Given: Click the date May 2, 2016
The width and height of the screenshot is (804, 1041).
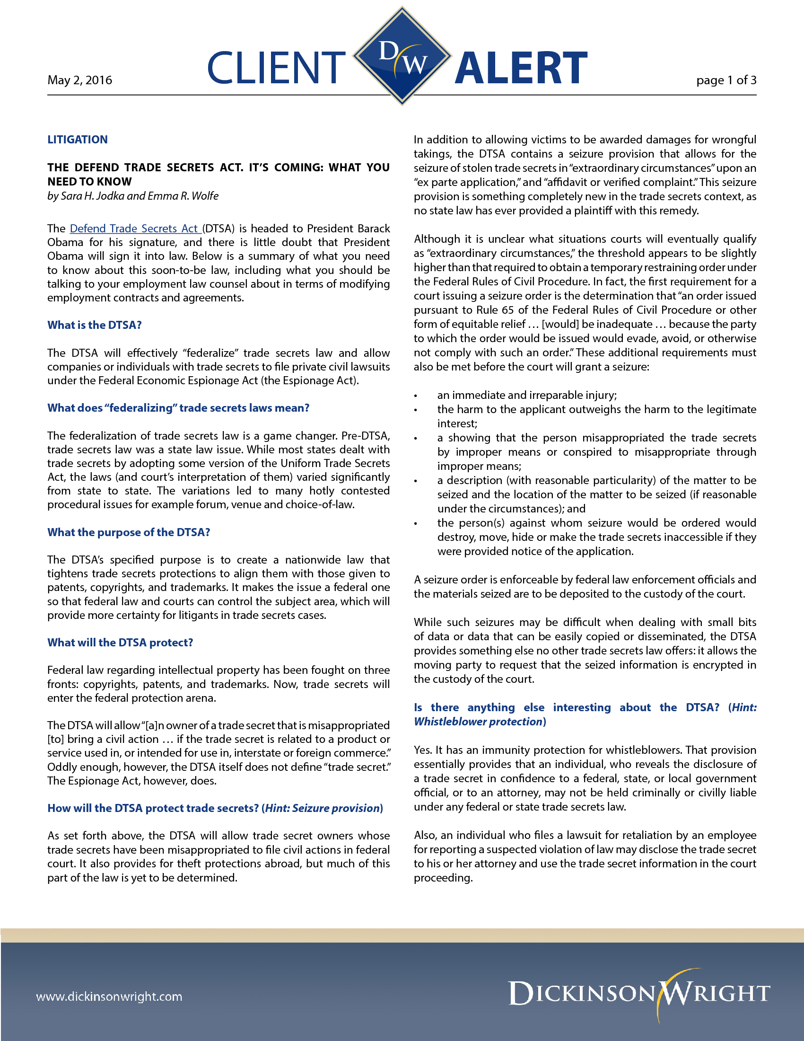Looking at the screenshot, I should (x=79, y=80).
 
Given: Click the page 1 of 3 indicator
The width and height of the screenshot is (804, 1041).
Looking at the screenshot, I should (x=726, y=80).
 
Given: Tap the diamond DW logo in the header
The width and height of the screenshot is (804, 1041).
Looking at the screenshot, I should (x=402, y=56).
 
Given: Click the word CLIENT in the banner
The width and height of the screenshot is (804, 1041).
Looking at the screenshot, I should (x=276, y=68).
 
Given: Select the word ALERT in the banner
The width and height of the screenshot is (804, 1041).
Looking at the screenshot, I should (x=521, y=68).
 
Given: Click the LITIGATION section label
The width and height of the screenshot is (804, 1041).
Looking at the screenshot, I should (x=77, y=140).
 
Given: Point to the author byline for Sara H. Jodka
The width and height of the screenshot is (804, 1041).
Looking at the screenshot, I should (x=133, y=196).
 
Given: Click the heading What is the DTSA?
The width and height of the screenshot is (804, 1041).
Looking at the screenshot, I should (x=94, y=325).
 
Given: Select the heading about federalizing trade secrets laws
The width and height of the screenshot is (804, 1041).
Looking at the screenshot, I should (x=178, y=408).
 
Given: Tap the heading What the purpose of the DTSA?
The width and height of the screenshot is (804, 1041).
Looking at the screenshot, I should (x=129, y=532).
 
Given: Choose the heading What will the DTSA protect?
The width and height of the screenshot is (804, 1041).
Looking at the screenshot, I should (x=120, y=643).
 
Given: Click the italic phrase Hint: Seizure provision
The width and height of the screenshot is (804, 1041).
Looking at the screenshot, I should (x=322, y=808).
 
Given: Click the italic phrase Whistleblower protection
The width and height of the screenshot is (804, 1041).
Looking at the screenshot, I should (x=478, y=722).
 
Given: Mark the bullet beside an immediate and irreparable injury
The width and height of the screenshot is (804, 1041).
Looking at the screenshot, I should (x=416, y=396).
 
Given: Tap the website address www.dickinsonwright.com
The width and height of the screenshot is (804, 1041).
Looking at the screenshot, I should (x=109, y=996).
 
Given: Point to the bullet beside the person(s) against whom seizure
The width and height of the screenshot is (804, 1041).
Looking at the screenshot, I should (x=416, y=524).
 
